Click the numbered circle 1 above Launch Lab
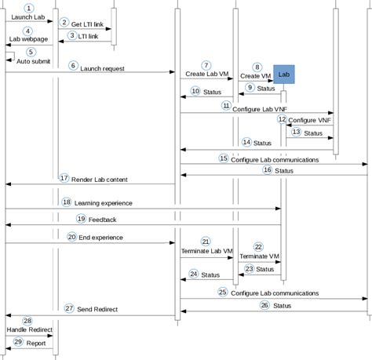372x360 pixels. [x=28, y=7]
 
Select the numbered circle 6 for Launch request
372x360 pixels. [x=73, y=66]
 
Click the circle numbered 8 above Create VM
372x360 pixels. [x=258, y=67]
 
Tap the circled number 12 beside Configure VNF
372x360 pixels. [x=282, y=118]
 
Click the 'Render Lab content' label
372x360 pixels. [x=99, y=179]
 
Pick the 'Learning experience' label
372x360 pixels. [x=104, y=202]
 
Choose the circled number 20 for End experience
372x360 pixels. [x=71, y=236]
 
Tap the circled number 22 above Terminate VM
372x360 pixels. [x=258, y=245]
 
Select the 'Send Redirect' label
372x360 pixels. [x=97, y=310]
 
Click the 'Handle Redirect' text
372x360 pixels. [x=27, y=330]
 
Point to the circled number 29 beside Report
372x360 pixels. [x=18, y=342]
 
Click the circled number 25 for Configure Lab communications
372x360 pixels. [x=222, y=291]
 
